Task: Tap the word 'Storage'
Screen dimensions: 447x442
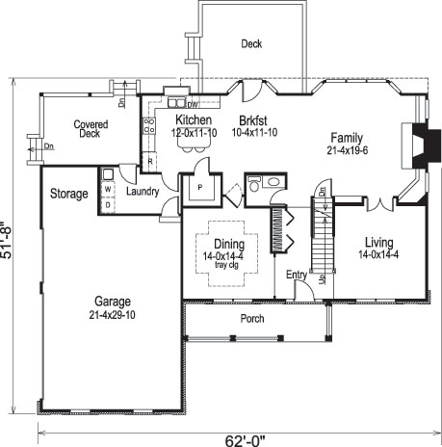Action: [x=69, y=194]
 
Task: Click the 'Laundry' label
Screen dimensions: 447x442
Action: [x=142, y=192]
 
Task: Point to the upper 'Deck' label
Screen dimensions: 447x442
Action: [x=252, y=43]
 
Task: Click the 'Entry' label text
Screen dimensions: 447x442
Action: [x=297, y=276]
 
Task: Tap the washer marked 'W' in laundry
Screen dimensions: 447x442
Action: [x=108, y=190]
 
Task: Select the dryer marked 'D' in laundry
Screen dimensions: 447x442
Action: [x=108, y=204]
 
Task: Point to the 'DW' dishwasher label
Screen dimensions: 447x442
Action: [x=194, y=104]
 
